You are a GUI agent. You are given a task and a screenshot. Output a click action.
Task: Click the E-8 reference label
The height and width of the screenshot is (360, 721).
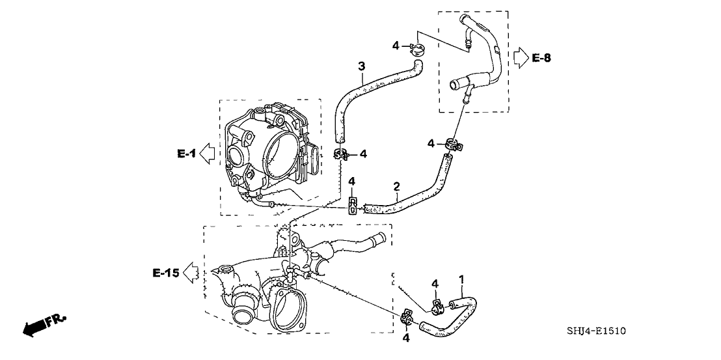[541, 59]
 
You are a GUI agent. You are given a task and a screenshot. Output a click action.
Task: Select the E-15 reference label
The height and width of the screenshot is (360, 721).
[165, 273]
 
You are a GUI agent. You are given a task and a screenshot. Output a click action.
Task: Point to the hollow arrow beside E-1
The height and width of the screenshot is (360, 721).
[207, 154]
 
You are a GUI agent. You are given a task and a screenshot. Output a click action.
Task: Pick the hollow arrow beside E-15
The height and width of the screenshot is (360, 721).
[191, 273]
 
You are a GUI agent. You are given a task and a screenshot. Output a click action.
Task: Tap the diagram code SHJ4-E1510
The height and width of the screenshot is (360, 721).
[597, 331]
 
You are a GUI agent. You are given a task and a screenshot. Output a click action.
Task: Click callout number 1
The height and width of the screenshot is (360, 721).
[461, 279]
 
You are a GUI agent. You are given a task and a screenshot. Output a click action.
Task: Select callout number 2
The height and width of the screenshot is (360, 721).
[396, 187]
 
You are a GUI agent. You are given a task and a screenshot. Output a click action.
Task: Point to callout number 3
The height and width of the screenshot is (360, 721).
[361, 66]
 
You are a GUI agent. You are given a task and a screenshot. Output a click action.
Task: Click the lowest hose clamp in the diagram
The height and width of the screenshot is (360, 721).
[407, 319]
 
